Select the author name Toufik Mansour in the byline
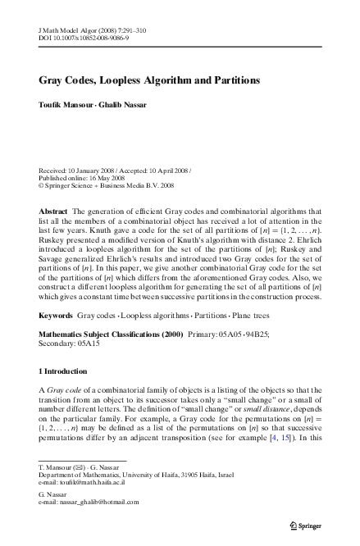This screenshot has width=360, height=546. tap(68, 107)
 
